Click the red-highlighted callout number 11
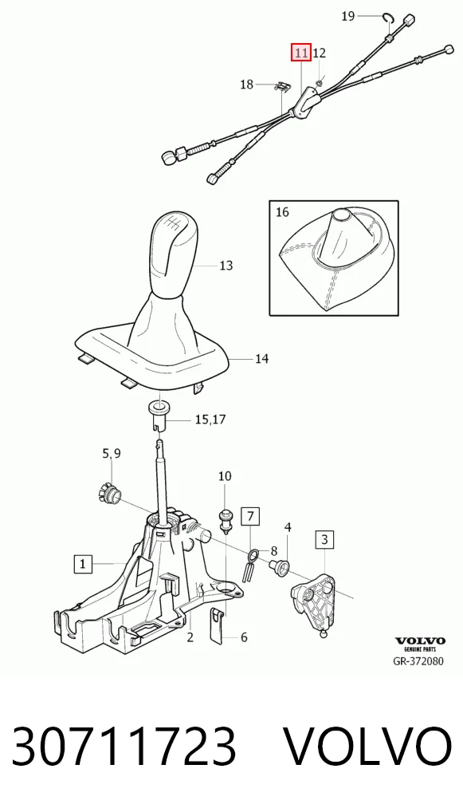point(301,53)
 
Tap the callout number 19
point(349,16)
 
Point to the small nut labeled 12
point(320,81)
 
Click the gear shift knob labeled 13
point(173,253)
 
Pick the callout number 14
point(261,358)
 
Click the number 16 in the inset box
point(282,212)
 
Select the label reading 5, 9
point(112,454)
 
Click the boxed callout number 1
point(84,563)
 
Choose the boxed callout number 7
point(250,516)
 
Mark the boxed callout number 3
point(324,540)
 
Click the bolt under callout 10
point(225,519)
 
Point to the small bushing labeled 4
point(281,568)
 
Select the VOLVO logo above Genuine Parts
point(420,641)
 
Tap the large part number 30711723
point(124,747)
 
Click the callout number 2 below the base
point(190,637)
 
